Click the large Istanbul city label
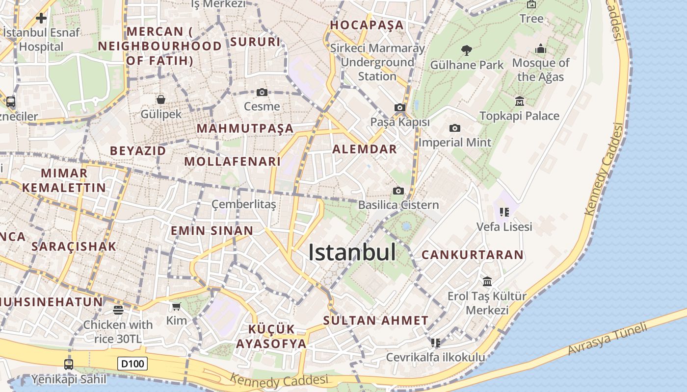point(352,252)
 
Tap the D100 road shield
point(132,364)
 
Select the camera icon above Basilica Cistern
point(398,191)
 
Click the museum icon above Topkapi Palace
point(520,101)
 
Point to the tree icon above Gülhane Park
point(467,50)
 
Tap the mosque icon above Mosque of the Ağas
point(541,49)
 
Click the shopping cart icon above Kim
point(177,307)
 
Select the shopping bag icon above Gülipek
point(161,99)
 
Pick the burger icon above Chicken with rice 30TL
point(118,310)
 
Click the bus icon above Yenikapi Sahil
point(69,364)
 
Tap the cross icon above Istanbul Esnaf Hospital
point(41,19)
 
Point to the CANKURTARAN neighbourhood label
point(473,255)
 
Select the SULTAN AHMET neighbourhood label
point(376,321)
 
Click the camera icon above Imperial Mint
point(455,128)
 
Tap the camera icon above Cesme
point(262,92)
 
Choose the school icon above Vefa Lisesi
point(504,212)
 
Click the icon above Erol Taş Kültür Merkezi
point(487,282)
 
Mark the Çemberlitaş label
point(244,204)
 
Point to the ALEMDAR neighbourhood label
point(365,149)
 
